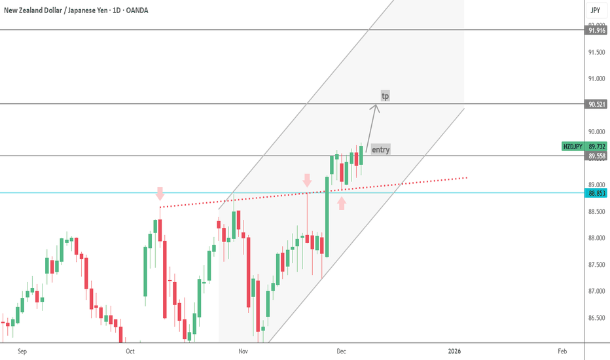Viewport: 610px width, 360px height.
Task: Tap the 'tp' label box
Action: (x=386, y=96)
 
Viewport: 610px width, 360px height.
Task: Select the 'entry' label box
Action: (x=380, y=149)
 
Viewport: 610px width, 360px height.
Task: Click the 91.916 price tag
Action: (x=596, y=30)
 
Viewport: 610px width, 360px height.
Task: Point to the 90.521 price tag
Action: (x=596, y=104)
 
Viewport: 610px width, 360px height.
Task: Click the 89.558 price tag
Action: (x=596, y=156)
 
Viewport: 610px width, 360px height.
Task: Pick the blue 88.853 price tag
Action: (x=596, y=193)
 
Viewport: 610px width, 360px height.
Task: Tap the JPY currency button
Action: (x=596, y=10)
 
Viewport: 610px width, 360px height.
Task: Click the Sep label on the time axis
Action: (x=22, y=351)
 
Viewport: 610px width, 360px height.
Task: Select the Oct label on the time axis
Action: (x=130, y=351)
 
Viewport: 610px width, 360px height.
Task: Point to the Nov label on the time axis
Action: (x=243, y=351)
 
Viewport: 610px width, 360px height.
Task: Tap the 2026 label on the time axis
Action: (x=455, y=351)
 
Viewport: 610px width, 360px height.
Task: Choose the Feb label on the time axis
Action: (x=562, y=351)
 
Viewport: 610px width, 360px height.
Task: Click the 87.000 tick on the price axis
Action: (x=596, y=291)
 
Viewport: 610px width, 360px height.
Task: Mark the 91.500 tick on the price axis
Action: (x=596, y=52)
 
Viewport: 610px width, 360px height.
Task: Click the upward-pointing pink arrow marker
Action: (x=341, y=204)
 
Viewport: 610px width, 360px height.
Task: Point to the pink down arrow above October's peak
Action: (x=160, y=193)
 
